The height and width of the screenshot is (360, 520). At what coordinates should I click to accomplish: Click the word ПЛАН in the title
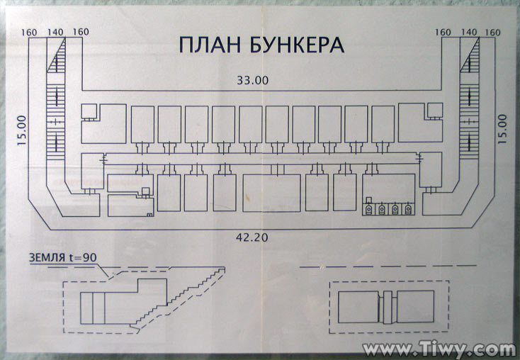pyautogui.click(x=210, y=45)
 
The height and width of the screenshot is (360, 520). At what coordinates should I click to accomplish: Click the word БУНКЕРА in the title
pyautogui.click(x=297, y=45)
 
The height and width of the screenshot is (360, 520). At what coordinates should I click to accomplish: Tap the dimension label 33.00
pyautogui.click(x=252, y=80)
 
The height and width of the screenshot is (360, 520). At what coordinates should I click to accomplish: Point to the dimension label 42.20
pyautogui.click(x=252, y=237)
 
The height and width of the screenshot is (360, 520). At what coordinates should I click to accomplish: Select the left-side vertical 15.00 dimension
pyautogui.click(x=22, y=130)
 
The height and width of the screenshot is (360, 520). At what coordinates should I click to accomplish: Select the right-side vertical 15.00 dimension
pyautogui.click(x=502, y=129)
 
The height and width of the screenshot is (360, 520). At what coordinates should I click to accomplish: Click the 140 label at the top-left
pyautogui.click(x=55, y=32)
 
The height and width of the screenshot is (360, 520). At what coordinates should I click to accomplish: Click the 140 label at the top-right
pyautogui.click(x=468, y=32)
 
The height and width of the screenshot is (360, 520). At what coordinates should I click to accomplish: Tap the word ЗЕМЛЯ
pyautogui.click(x=47, y=258)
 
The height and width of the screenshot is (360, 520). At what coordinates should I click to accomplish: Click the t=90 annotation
pyautogui.click(x=83, y=257)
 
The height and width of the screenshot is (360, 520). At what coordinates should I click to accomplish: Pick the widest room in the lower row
pyautogui.click(x=271, y=193)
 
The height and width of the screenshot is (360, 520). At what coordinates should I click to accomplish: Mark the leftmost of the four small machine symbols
pyautogui.click(x=368, y=209)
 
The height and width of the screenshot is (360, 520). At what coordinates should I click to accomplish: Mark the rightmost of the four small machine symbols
pyautogui.click(x=408, y=209)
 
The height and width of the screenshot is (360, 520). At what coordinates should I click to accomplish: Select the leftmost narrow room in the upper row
pyautogui.click(x=142, y=125)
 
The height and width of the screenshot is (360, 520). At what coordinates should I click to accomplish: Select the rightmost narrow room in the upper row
pyautogui.click(x=383, y=125)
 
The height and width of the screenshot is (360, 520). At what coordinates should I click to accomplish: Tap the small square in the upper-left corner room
pyautogui.click(x=89, y=111)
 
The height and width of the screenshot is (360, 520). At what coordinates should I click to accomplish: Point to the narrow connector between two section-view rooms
pyautogui.click(x=388, y=307)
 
